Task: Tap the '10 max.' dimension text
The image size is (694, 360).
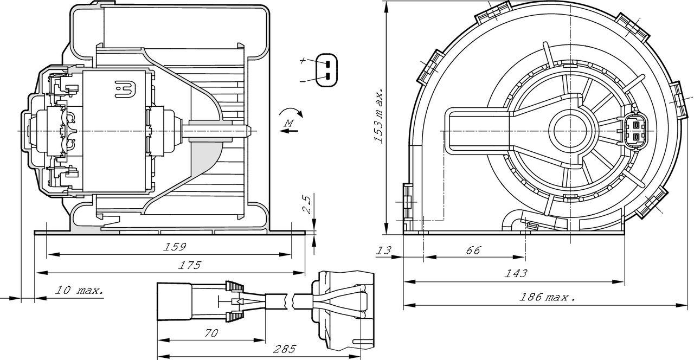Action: pos(79,291)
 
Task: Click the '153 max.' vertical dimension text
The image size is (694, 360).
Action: pos(379,114)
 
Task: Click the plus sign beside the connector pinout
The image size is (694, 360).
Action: pos(303,61)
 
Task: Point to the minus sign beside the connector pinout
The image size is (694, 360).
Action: pos(303,80)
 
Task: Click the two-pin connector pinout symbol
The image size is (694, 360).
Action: pos(327,70)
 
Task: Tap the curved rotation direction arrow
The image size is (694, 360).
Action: pos(291,112)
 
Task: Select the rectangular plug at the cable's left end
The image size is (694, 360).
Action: pos(174,301)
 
